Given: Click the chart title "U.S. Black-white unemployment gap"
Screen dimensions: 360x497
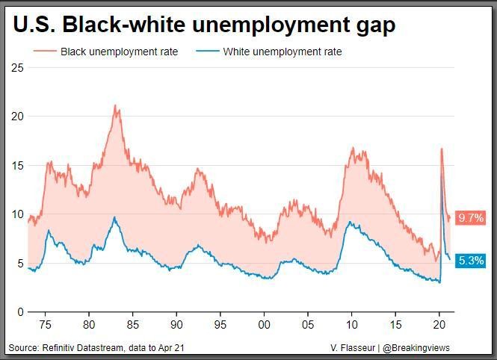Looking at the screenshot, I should pos(204,25).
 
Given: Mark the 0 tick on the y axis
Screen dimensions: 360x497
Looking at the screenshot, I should pos(21,312).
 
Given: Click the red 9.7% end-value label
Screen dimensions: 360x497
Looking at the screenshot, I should pos(472,218).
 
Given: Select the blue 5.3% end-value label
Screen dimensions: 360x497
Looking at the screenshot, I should pos(472,261).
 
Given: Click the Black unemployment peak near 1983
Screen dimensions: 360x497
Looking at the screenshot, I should pos(115,105).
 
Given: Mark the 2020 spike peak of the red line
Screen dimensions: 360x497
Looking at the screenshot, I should pos(442,149).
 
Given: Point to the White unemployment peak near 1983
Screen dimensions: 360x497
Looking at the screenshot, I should pos(114,217).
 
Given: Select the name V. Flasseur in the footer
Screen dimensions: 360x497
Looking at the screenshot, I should pos(354,347).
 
